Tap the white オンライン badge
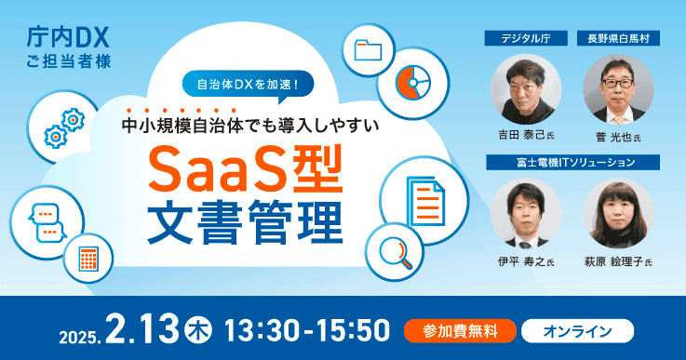click(577, 330)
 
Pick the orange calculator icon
click(89, 256)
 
